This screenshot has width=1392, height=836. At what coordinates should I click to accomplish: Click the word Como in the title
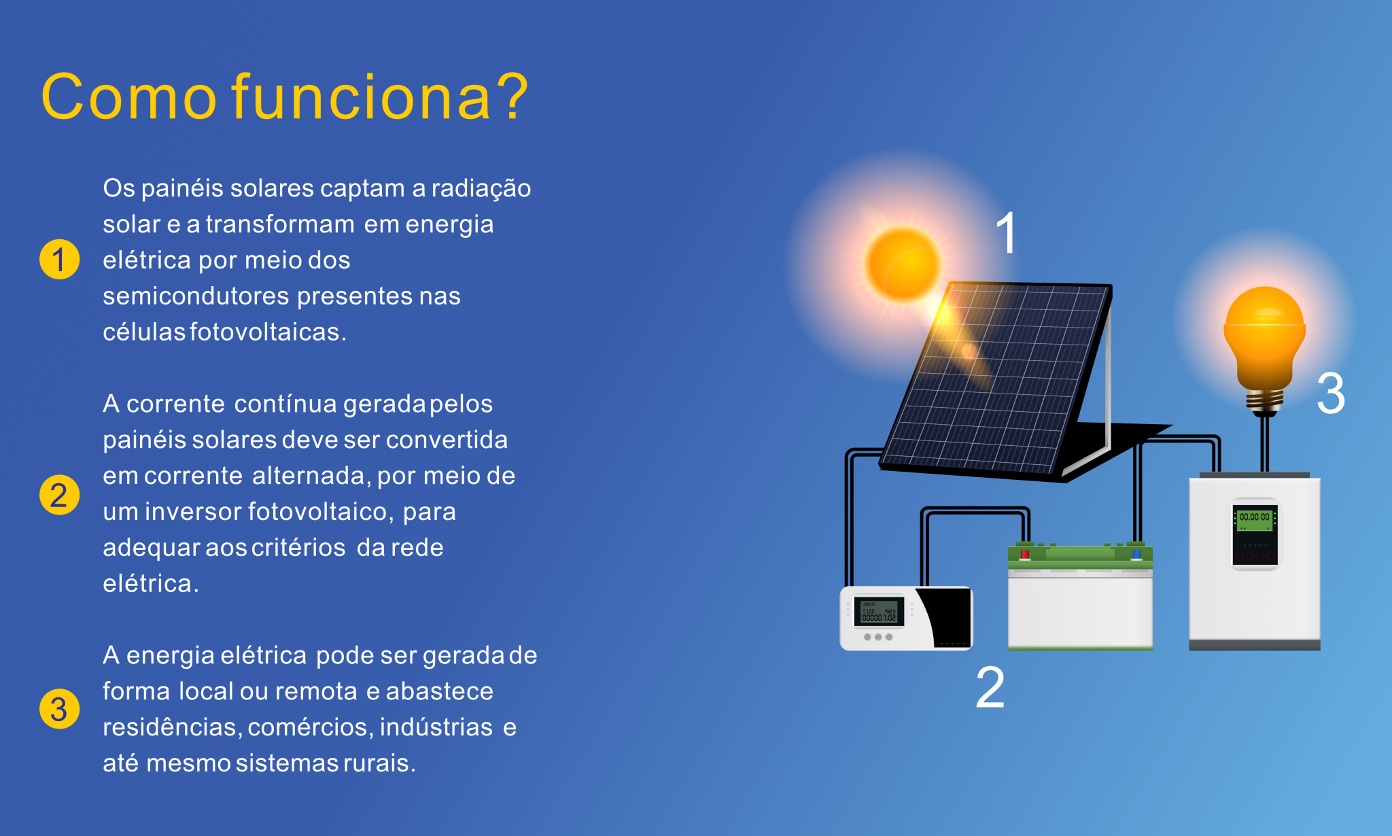(x=129, y=97)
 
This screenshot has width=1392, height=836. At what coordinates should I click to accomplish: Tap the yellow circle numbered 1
(x=60, y=259)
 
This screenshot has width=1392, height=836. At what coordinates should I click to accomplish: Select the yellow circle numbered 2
(x=60, y=494)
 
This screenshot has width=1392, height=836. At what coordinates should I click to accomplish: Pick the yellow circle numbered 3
(x=60, y=709)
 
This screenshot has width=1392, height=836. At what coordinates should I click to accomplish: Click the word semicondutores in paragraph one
(x=196, y=296)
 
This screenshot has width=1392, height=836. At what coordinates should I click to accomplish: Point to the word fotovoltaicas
(x=268, y=332)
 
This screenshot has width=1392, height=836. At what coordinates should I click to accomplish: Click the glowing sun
(x=903, y=264)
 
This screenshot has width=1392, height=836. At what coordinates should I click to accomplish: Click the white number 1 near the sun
(x=1006, y=232)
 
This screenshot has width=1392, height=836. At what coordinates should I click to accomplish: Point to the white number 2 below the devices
(x=990, y=687)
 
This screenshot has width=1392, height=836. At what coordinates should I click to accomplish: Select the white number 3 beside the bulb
(x=1331, y=393)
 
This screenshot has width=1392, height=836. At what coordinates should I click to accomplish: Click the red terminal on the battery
(x=1025, y=554)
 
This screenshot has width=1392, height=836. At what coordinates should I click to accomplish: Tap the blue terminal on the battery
(x=1136, y=554)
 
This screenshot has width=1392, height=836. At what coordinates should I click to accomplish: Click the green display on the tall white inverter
(x=1254, y=520)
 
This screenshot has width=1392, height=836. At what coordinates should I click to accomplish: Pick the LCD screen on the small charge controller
(x=879, y=612)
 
